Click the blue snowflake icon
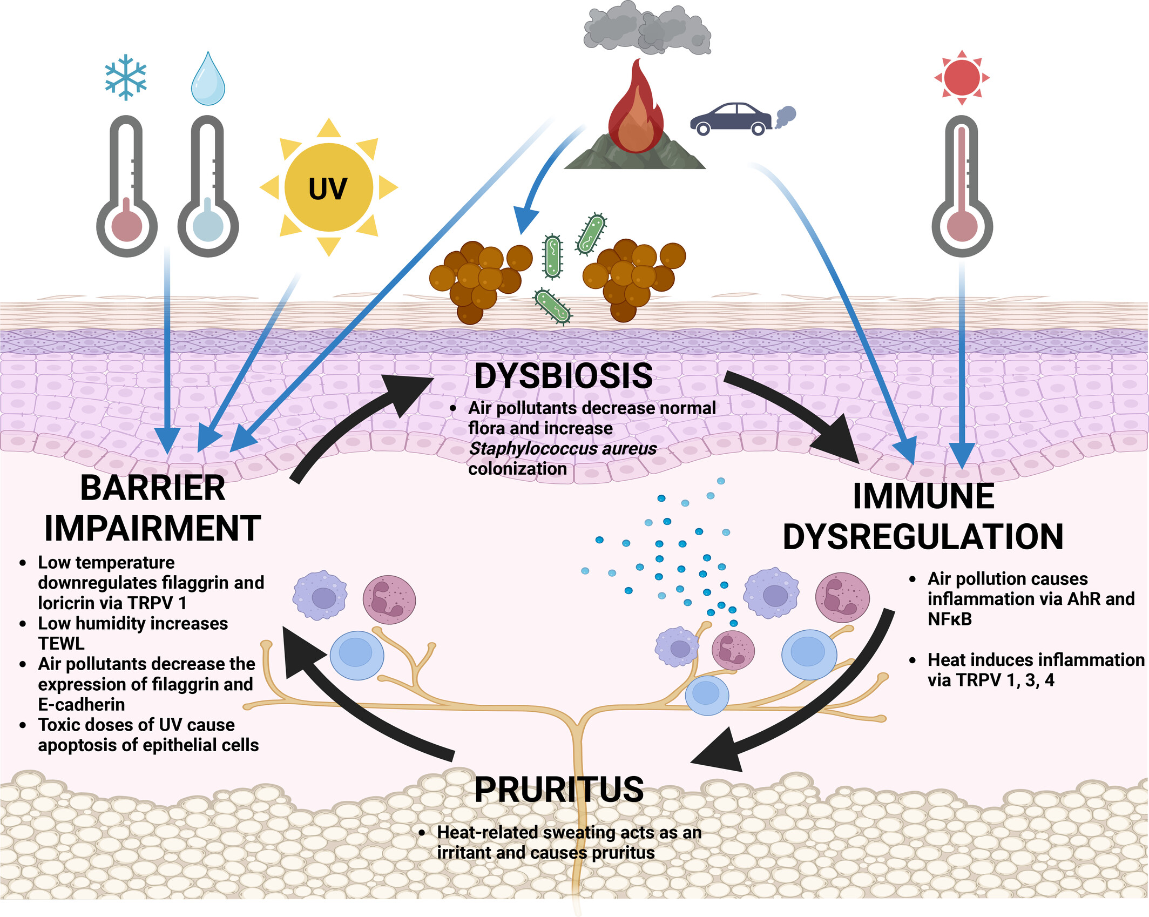pos(126,77)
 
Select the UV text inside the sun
pos(328,188)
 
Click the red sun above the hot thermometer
pos(962,78)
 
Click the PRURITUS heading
pos(559,789)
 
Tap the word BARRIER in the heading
pos(153,488)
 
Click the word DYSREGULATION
pos(923,536)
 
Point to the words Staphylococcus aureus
pos(562,448)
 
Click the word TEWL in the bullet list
pos(61,643)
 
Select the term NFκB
pos(950,619)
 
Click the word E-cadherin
pos(82,704)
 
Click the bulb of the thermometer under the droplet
pos(208,225)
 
